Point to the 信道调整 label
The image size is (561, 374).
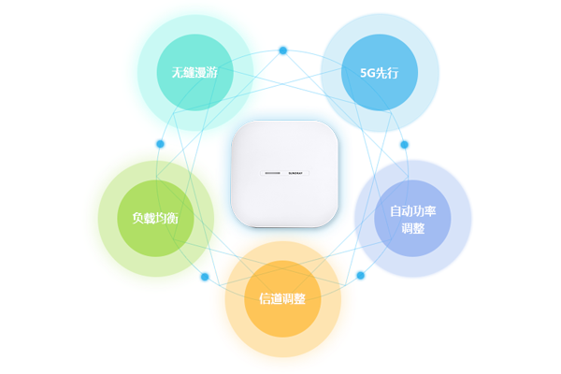[282, 299]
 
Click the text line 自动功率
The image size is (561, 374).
[412, 211]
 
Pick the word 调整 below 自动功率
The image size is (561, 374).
[412, 228]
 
